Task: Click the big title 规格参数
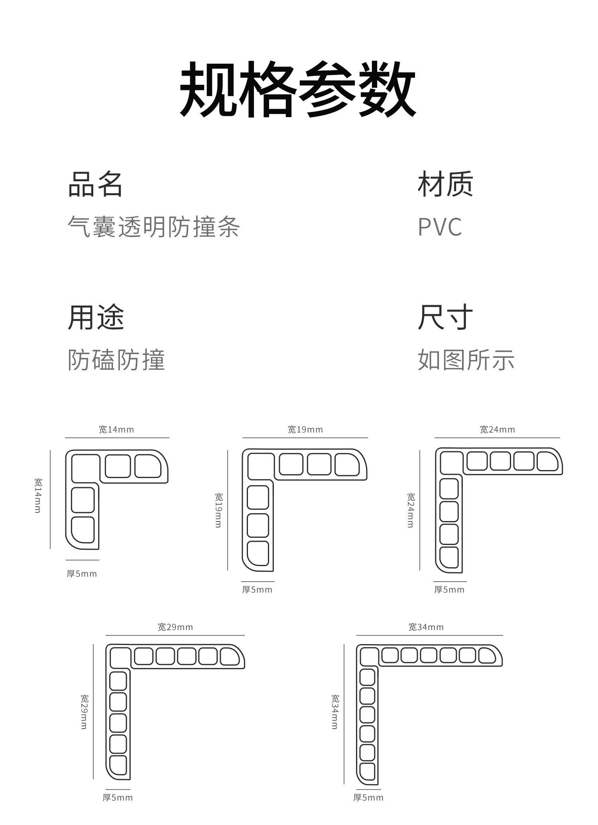(298, 89)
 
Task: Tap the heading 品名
(95, 184)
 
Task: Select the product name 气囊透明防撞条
(153, 227)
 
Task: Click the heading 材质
(445, 184)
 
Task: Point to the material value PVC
(440, 227)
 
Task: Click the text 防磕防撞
(116, 360)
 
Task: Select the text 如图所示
(466, 360)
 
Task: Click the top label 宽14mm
(116, 429)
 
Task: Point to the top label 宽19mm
(305, 429)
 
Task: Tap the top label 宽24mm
(498, 429)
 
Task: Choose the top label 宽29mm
(175, 627)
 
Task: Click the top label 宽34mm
(426, 627)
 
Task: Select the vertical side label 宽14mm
(38, 496)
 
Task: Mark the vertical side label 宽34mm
(335, 712)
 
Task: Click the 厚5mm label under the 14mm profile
(82, 574)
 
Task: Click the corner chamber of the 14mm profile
(85, 468)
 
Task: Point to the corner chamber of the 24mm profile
(451, 462)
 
